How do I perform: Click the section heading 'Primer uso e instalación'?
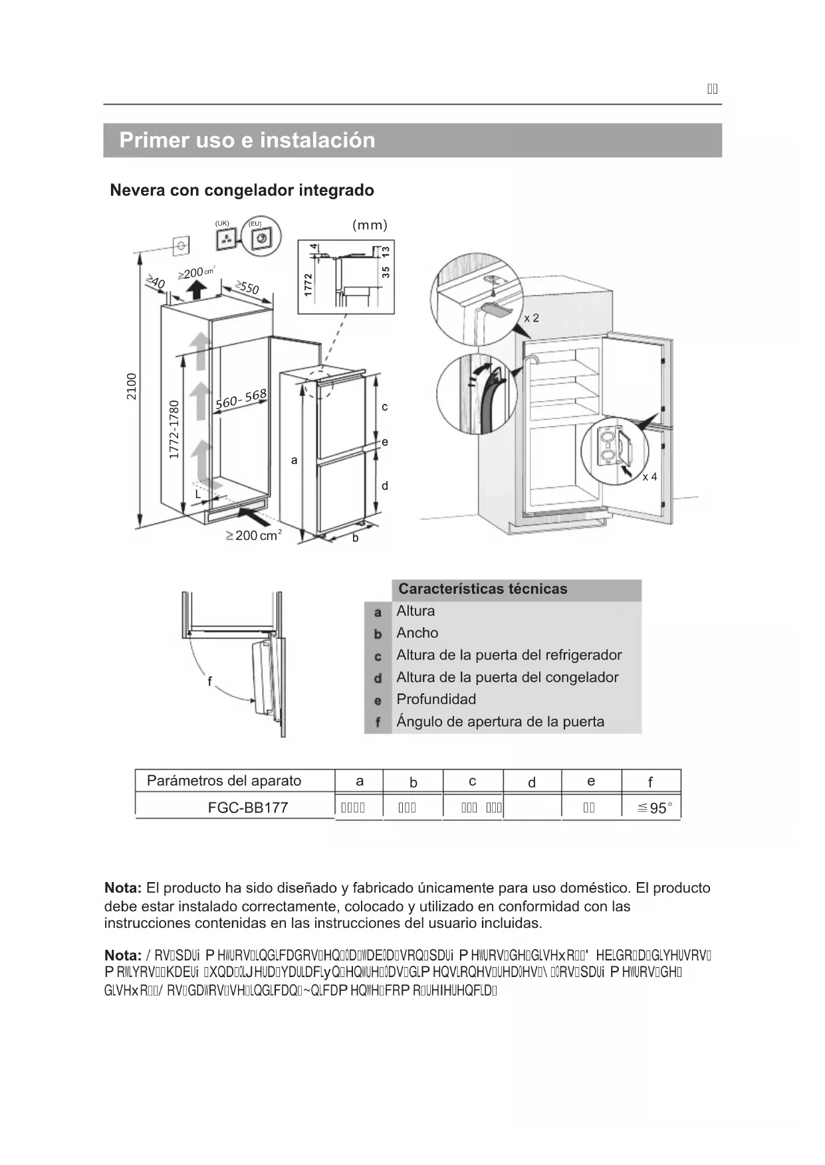pyautogui.click(x=247, y=140)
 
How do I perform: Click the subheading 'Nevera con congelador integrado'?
pyautogui.click(x=241, y=191)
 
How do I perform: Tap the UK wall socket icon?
pyautogui.click(x=226, y=238)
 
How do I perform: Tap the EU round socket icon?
pyautogui.click(x=261, y=237)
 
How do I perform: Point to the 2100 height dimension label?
pyautogui.click(x=132, y=386)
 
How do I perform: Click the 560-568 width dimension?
pyautogui.click(x=241, y=400)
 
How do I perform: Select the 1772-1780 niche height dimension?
pyautogui.click(x=174, y=429)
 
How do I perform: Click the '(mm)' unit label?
pyautogui.click(x=370, y=224)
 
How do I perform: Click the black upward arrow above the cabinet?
pyautogui.click(x=195, y=290)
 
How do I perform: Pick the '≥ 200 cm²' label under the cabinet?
pyautogui.click(x=254, y=535)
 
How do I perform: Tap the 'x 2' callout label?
pyautogui.click(x=531, y=318)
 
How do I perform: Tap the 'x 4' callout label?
pyautogui.click(x=649, y=477)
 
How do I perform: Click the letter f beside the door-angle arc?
pyautogui.click(x=209, y=681)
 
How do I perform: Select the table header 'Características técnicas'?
pyautogui.click(x=482, y=589)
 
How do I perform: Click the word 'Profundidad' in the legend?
pyautogui.click(x=436, y=699)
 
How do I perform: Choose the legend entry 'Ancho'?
pyautogui.click(x=417, y=633)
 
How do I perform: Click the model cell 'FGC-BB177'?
pyautogui.click(x=248, y=808)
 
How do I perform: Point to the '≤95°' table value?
pyautogui.click(x=655, y=808)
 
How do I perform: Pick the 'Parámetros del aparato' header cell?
pyautogui.click(x=224, y=780)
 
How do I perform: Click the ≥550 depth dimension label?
pyautogui.click(x=247, y=287)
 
